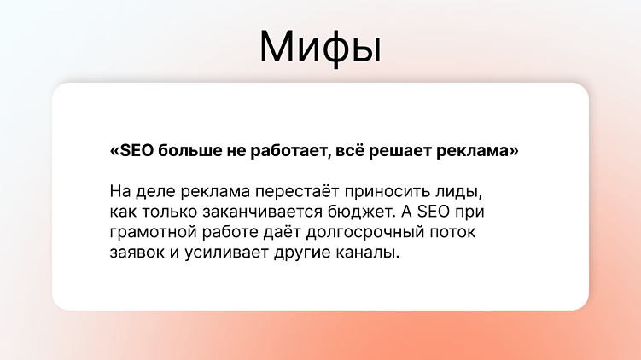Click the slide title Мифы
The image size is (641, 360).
[x=320, y=47]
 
